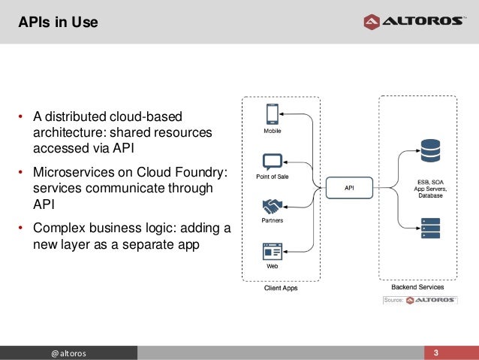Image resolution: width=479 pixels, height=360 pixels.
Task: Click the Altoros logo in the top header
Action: pos(414,21)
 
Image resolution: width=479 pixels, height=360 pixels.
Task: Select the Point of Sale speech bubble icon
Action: pos(272,162)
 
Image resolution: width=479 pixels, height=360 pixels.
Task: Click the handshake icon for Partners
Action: pos(272,206)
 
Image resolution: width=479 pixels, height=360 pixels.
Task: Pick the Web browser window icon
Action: pos(272,250)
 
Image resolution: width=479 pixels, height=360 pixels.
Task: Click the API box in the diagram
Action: pos(349,188)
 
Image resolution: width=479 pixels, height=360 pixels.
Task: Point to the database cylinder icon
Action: pos(431,150)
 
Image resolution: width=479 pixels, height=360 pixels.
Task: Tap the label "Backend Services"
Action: pos(418,287)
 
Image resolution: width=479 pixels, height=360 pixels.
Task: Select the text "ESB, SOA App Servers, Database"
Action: pos(431,188)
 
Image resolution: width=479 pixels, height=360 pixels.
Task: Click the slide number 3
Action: pos(435,353)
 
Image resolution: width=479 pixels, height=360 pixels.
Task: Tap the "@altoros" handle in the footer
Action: pos(68,353)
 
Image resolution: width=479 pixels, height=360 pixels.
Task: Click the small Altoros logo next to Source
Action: pos(431,300)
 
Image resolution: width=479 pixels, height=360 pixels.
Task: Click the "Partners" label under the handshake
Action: pos(272,221)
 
